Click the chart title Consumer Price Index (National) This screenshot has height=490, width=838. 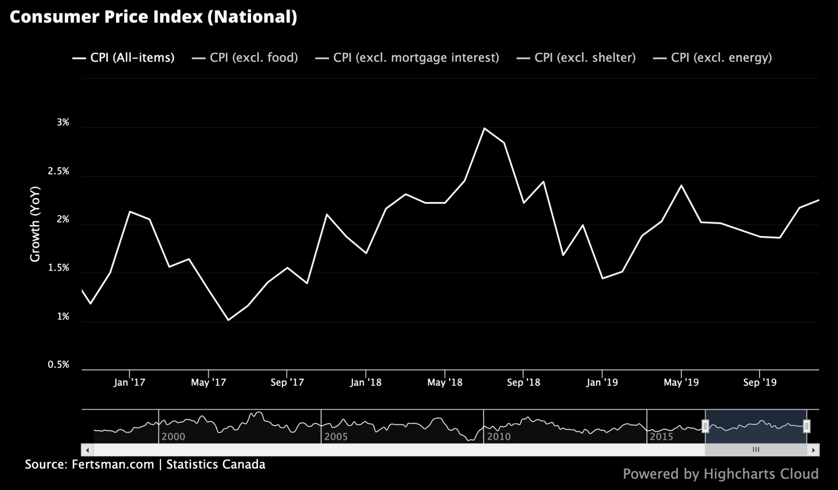[153, 17]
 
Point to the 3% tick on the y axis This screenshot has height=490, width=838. [63, 123]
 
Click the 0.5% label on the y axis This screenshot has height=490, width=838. [58, 365]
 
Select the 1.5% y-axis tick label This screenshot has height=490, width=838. [58, 268]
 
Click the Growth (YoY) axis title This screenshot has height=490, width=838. [35, 224]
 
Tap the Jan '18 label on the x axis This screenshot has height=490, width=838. [365, 383]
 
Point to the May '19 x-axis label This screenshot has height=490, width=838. [681, 383]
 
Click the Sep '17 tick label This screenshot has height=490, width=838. [287, 383]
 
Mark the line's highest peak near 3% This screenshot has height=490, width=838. [484, 128]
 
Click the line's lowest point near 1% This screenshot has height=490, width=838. [228, 320]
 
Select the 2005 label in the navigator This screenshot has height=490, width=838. [336, 437]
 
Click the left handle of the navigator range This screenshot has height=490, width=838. [705, 426]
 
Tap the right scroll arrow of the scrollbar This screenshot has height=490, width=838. [813, 450]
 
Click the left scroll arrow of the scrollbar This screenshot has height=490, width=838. [87, 450]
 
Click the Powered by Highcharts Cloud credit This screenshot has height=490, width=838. [721, 474]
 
